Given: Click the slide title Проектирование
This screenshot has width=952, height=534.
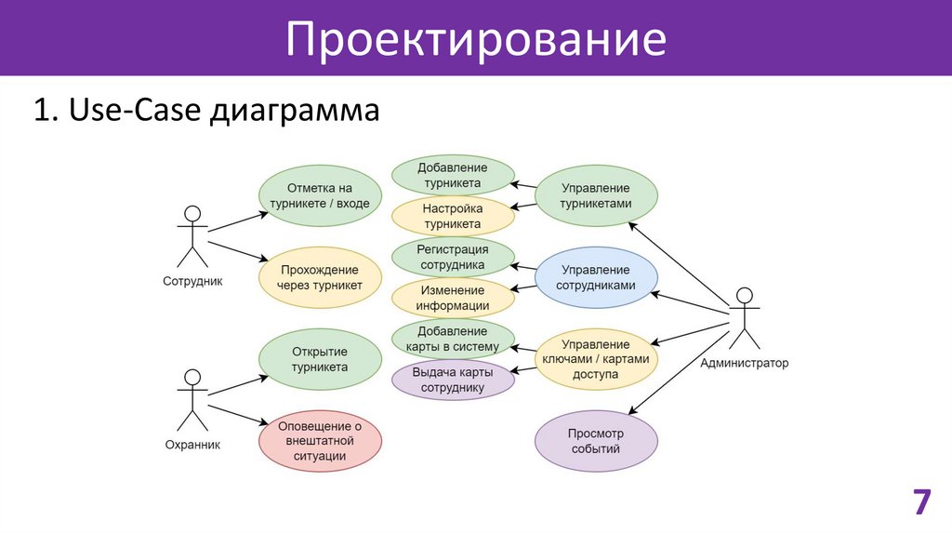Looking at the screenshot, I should click(x=475, y=39).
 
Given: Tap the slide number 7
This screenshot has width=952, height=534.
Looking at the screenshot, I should click(x=920, y=501).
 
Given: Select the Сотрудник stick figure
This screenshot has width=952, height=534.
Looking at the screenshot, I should click(x=192, y=236).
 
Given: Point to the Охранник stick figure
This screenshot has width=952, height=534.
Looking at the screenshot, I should click(x=192, y=400).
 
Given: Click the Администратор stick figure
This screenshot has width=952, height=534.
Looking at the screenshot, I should click(x=743, y=320).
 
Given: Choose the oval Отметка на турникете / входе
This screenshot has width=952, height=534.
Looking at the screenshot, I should click(x=320, y=195).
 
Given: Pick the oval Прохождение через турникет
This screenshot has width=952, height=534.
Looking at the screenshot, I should click(x=320, y=277).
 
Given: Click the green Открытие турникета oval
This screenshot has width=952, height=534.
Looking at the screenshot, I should click(x=320, y=359).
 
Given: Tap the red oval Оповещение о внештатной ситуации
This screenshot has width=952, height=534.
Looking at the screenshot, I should click(x=320, y=441).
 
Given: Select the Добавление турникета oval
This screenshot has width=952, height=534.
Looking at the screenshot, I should click(x=453, y=176).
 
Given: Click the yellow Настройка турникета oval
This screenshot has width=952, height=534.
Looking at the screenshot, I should click(x=453, y=216).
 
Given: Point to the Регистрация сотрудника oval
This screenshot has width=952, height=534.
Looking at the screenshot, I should click(x=453, y=257).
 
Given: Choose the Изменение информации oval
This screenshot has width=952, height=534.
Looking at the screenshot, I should click(x=453, y=298).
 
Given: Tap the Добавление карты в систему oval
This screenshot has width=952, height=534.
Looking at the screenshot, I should click(x=453, y=339).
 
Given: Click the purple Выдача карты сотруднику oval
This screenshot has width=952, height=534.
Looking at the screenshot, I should click(x=453, y=380).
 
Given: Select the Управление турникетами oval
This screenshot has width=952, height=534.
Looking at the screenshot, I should click(x=596, y=195).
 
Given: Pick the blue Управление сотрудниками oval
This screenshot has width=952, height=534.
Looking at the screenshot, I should click(x=596, y=277).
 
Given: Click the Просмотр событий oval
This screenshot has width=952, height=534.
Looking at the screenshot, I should click(x=596, y=441).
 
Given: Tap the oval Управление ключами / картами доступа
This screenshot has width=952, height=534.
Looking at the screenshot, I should click(x=596, y=359).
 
